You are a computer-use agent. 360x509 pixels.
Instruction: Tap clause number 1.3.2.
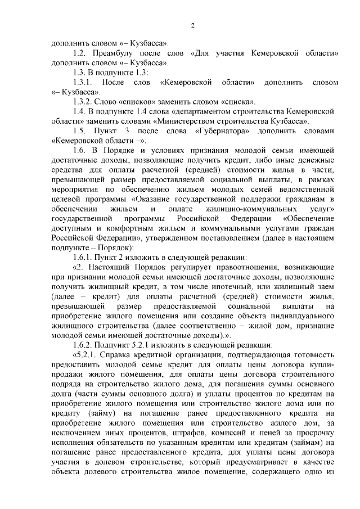[85, 102]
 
